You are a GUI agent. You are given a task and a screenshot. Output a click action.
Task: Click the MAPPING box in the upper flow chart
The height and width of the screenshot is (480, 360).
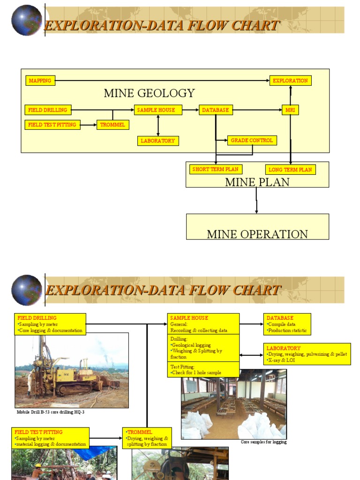click(40, 81)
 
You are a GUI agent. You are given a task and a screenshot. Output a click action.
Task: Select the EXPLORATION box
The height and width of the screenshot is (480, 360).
click(290, 81)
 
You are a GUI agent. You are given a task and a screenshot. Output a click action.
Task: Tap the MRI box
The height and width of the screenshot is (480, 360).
click(290, 110)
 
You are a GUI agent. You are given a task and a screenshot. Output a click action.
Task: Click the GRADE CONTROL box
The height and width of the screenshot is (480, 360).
click(252, 140)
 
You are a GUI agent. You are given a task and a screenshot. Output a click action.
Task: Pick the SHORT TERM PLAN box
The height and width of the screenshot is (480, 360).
click(216, 169)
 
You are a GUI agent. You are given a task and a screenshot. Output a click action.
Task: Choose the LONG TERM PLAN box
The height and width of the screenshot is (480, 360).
click(290, 170)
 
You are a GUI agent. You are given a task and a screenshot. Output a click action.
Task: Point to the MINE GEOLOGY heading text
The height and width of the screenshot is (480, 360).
click(149, 93)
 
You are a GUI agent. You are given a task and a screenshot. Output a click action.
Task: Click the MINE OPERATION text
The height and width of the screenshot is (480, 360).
click(257, 234)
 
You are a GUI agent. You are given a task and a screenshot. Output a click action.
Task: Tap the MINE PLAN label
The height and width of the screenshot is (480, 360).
click(257, 182)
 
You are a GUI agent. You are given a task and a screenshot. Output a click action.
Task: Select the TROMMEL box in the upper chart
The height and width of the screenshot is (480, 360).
click(112, 125)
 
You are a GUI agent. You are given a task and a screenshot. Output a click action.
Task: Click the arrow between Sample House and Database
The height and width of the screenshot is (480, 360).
click(190, 110)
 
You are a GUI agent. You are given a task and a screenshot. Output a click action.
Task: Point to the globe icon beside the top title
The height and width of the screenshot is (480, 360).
click(27, 20)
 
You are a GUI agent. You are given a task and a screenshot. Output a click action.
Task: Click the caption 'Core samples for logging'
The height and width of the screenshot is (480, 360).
click(264, 442)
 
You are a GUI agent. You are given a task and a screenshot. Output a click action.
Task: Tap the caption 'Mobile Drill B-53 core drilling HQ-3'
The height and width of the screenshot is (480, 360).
click(51, 412)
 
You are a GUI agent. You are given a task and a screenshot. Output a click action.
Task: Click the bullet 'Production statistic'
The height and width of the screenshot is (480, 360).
click(287, 330)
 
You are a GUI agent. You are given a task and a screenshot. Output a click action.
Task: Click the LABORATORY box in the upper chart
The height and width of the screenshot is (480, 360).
click(158, 141)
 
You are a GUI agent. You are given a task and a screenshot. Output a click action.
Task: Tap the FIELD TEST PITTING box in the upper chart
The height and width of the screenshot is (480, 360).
click(52, 125)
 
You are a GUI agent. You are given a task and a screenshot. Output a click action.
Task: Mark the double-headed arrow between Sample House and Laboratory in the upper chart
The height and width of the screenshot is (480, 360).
click(158, 125)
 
